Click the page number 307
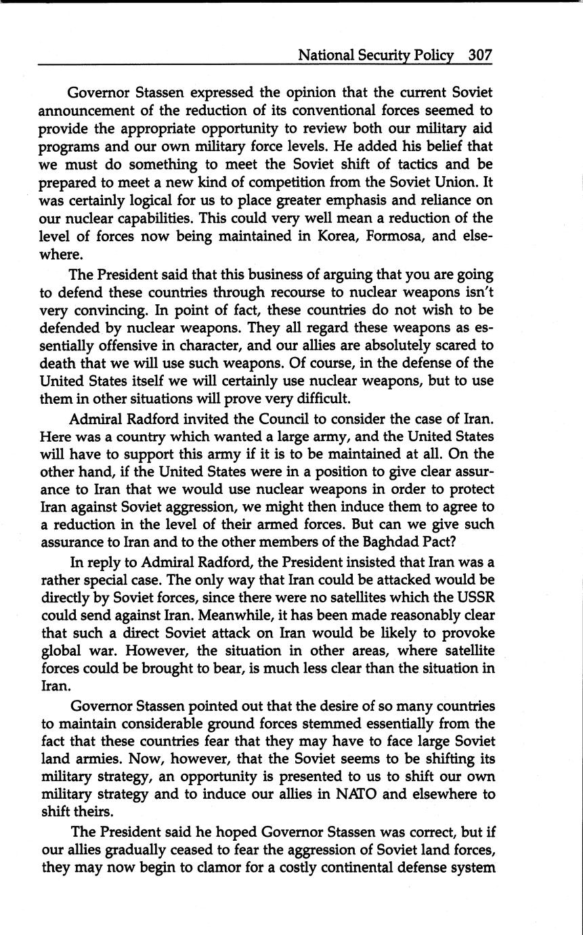pyautogui.click(x=479, y=56)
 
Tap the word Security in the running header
pyautogui.click(x=386, y=56)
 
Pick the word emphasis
pyautogui.click(x=346, y=200)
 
